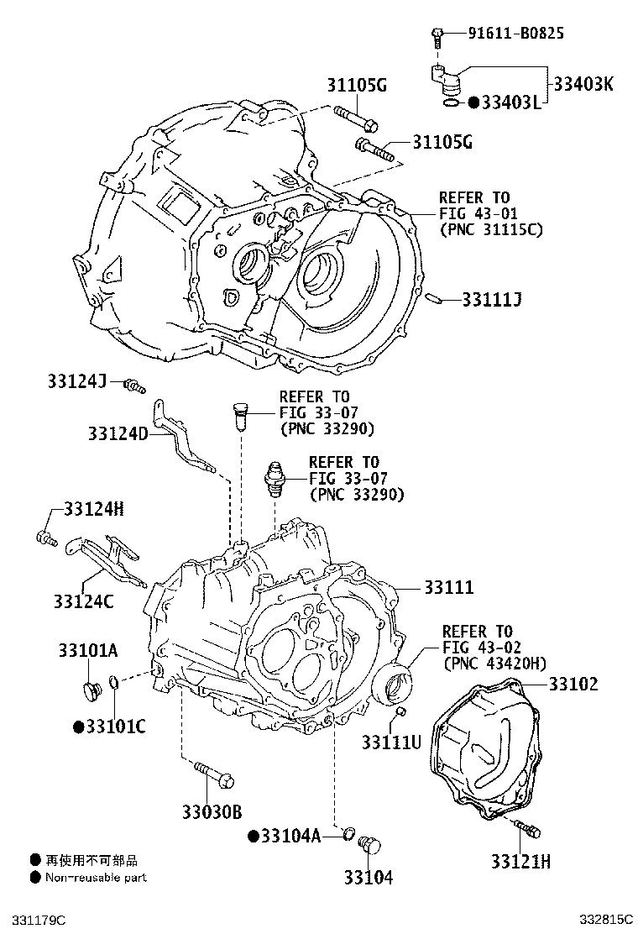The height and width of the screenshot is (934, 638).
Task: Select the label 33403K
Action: [583, 83]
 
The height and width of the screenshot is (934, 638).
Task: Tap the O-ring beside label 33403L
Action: [452, 103]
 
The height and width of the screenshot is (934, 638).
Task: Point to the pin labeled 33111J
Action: [434, 298]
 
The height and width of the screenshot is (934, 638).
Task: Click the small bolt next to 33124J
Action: [134, 386]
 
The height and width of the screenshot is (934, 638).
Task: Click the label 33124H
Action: [94, 509]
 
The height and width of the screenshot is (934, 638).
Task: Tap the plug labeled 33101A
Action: [91, 691]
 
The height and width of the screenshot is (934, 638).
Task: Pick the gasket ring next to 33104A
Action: [348, 832]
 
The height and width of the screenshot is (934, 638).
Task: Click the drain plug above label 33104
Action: [369, 846]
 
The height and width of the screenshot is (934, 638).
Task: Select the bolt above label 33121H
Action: [526, 828]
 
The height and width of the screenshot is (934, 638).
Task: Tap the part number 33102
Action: [573, 684]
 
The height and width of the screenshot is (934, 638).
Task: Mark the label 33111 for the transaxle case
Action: [449, 587]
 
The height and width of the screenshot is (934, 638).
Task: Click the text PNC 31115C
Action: [492, 229]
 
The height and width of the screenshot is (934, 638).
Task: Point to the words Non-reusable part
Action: [96, 878]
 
